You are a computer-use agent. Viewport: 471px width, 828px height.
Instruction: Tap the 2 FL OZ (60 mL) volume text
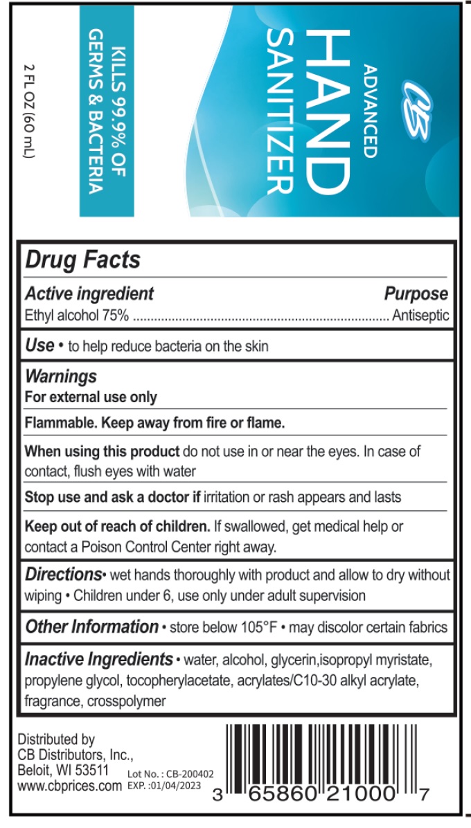tap(28, 111)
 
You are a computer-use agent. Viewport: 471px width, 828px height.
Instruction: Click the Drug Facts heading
tap(82, 260)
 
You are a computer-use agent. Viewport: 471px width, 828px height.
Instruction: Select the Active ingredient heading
tap(89, 294)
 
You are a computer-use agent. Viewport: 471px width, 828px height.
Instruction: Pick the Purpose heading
tap(416, 294)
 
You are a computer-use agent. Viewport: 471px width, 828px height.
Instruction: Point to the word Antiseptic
tap(420, 316)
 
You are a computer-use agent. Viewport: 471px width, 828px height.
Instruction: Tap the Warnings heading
tap(61, 377)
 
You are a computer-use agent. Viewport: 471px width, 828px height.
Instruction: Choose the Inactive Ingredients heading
tap(99, 658)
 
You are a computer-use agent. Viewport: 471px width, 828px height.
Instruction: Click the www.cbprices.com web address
tap(69, 786)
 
